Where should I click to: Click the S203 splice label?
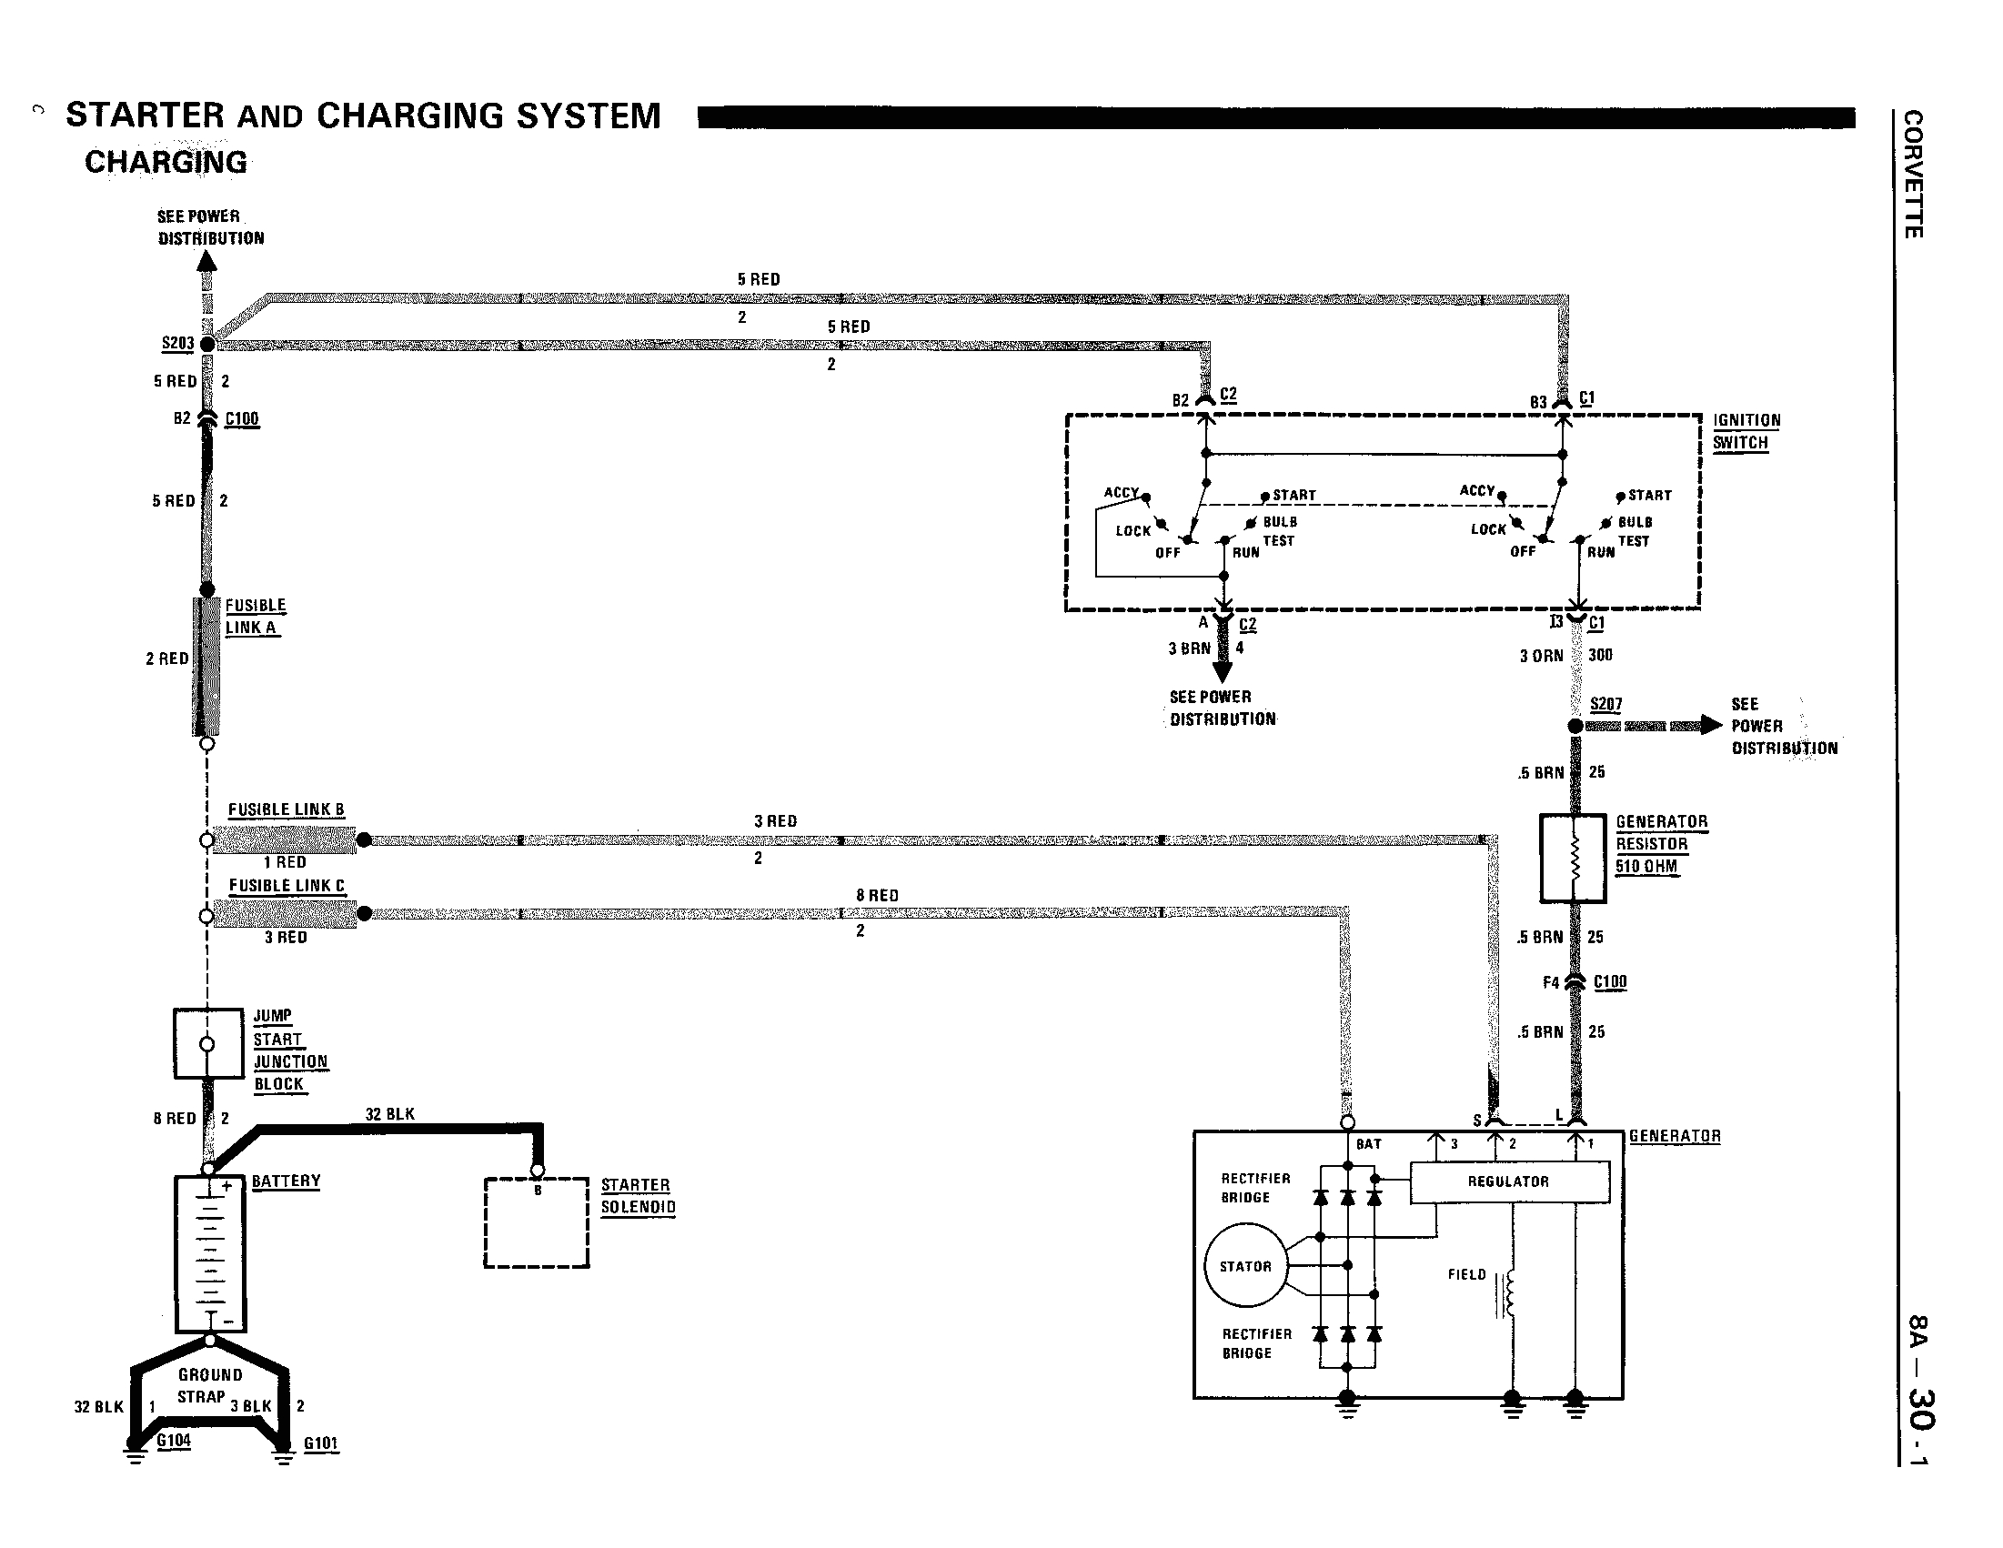click(x=177, y=344)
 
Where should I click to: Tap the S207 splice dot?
click(x=1575, y=726)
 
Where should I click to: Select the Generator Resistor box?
click(x=1573, y=859)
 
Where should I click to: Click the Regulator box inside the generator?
click(x=1509, y=1182)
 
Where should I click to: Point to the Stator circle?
click(x=1245, y=1266)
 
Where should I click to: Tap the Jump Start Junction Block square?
click(x=207, y=1043)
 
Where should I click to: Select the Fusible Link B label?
click(x=287, y=809)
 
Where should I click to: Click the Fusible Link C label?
click(x=287, y=886)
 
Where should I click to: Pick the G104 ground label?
click(x=174, y=1440)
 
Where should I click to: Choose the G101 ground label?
click(x=321, y=1442)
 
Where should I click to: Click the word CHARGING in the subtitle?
click(x=166, y=162)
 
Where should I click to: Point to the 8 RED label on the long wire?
click(x=877, y=895)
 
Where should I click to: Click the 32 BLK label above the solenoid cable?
click(x=390, y=1114)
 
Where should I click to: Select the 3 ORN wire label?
click(x=1541, y=656)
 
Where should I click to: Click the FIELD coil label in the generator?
click(x=1466, y=1275)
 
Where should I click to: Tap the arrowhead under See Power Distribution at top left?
click(x=207, y=261)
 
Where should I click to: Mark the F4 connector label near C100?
click(x=1550, y=982)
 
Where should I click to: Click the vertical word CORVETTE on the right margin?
click(x=1913, y=175)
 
